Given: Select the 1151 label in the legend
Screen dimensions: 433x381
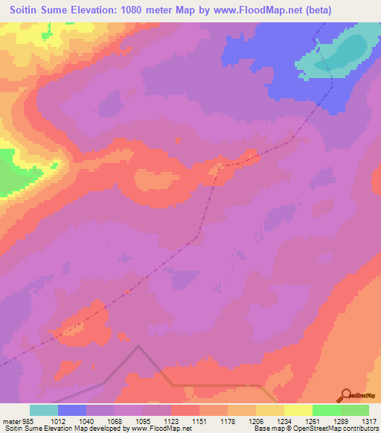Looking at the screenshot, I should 188,421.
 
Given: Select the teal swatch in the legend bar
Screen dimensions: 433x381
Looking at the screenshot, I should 44,410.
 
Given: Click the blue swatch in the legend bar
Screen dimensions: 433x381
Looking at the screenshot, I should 72,410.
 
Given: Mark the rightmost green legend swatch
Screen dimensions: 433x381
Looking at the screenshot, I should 355,410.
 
